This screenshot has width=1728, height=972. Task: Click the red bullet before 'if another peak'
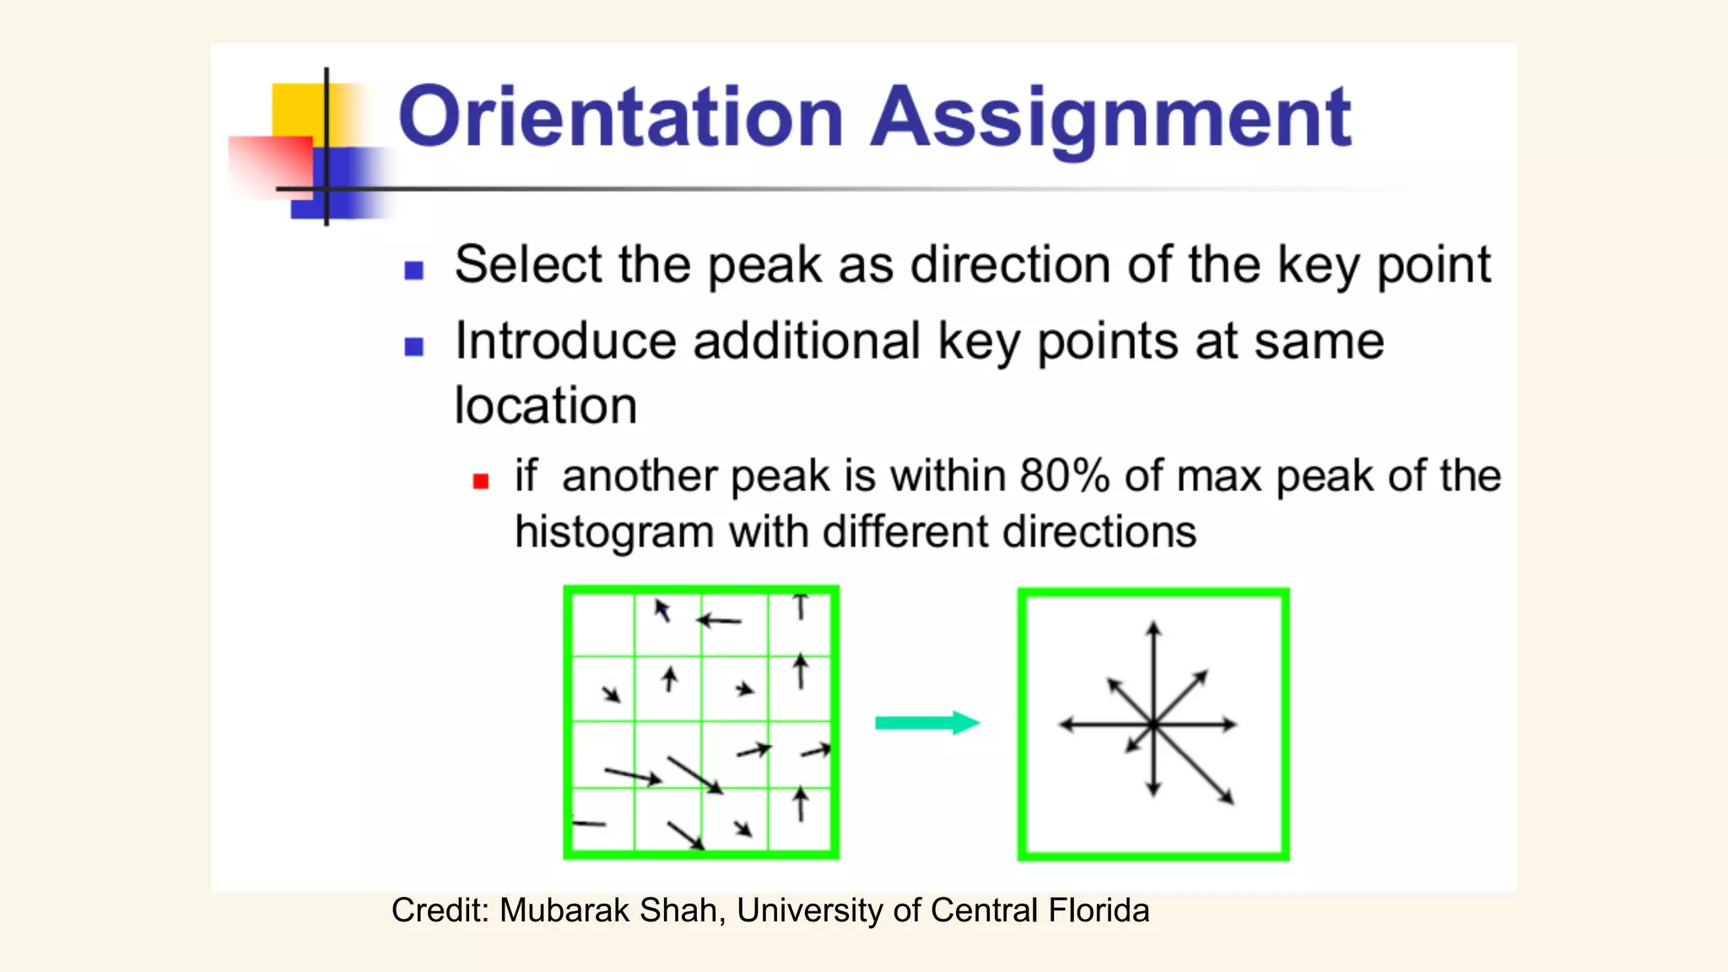[x=481, y=481]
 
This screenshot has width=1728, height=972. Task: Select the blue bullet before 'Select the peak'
[x=413, y=270]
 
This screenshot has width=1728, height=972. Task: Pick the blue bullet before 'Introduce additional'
[x=413, y=347]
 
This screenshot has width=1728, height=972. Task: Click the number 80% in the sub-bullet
[x=1064, y=476]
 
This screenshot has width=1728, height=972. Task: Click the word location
[x=545, y=406]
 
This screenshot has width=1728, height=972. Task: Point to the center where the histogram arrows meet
[x=1153, y=724]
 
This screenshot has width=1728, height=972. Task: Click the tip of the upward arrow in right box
[x=1153, y=624]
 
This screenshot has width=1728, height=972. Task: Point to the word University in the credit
[x=810, y=910]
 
